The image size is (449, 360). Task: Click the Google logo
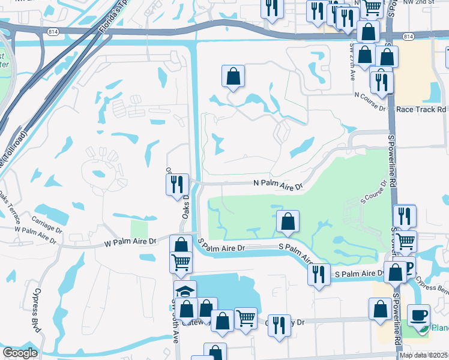pos(20,353)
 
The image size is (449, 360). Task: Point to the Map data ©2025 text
pos(424,355)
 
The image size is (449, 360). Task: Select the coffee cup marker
pos(418,314)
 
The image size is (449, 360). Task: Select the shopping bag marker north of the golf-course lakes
pos(233,76)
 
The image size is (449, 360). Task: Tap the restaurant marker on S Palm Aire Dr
pos(319,274)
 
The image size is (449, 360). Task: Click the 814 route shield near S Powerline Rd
pos(408,37)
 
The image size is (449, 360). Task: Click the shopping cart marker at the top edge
pos(372,7)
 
